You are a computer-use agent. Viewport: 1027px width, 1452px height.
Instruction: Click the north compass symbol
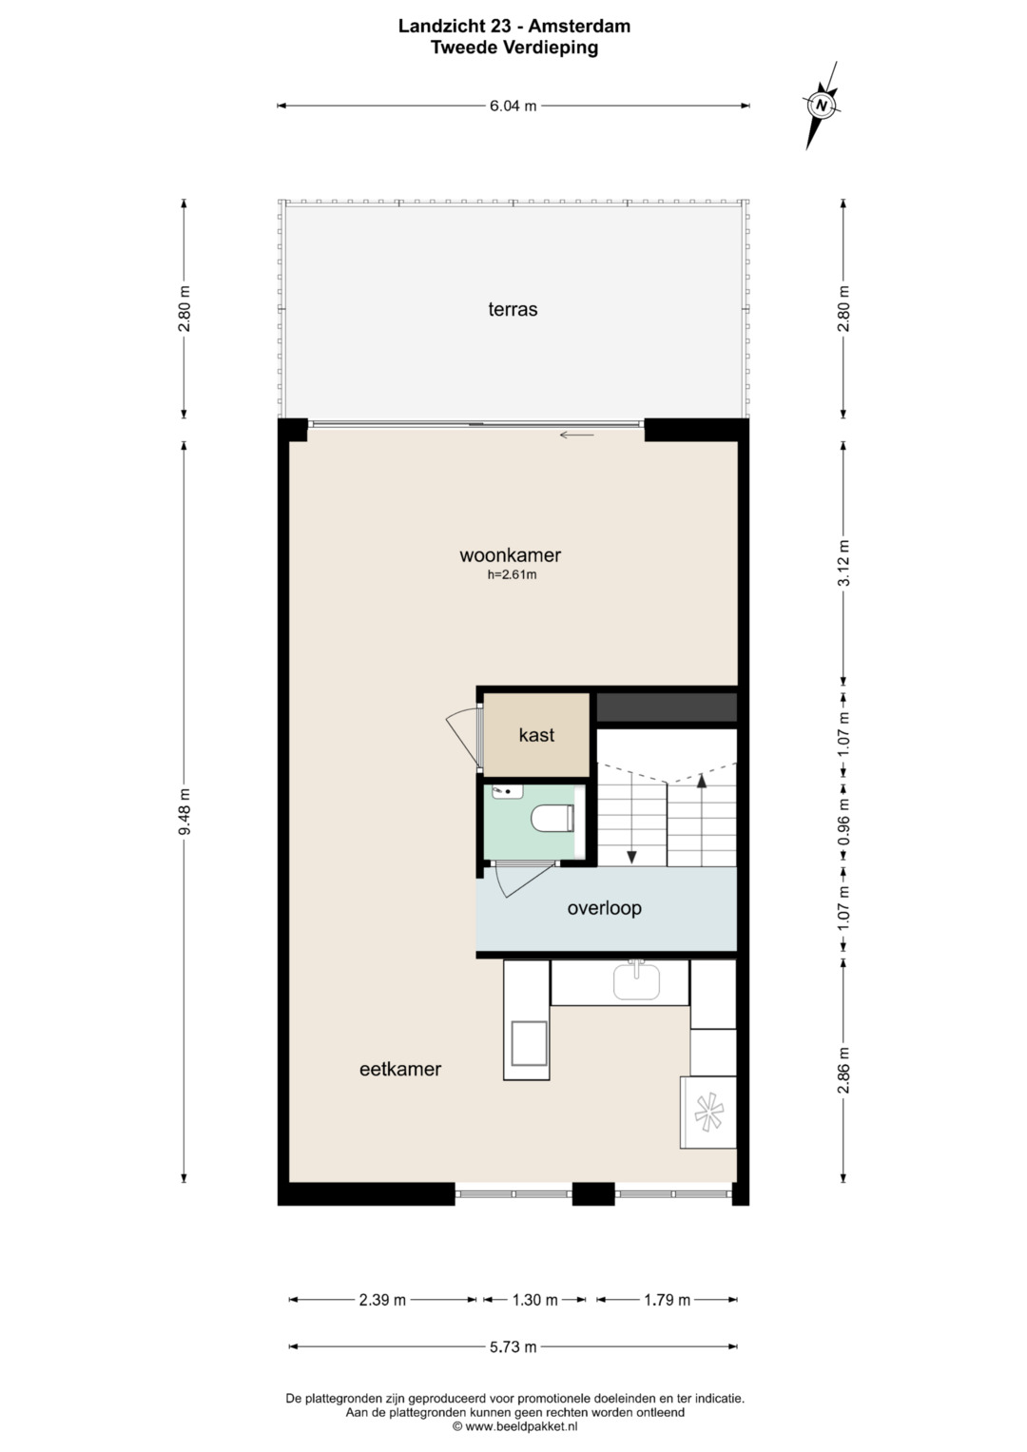(x=822, y=105)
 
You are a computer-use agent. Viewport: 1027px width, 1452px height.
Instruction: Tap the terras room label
(x=513, y=309)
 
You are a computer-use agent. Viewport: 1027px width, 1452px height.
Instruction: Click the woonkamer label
(x=511, y=555)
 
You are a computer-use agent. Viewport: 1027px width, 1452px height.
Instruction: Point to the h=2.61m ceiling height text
(x=513, y=574)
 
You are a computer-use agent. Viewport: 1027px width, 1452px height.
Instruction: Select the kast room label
(x=537, y=734)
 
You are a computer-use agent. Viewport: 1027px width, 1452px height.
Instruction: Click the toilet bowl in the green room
(x=552, y=818)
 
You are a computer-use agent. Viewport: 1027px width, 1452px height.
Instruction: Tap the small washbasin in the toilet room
(x=508, y=791)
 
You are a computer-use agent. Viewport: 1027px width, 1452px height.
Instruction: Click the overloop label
(x=604, y=907)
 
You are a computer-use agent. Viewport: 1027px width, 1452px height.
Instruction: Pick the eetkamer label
(x=400, y=1069)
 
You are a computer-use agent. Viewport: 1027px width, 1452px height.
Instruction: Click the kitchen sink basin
(x=636, y=981)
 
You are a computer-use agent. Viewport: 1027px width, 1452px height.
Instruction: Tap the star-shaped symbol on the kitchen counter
(x=708, y=1113)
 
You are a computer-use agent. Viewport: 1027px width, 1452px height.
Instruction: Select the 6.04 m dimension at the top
(x=513, y=106)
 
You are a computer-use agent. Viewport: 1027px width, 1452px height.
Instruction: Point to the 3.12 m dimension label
(x=843, y=563)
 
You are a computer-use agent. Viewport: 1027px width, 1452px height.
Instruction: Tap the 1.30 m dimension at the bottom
(x=534, y=1300)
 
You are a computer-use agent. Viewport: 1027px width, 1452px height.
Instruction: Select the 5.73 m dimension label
(x=513, y=1346)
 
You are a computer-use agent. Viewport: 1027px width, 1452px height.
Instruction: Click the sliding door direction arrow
(x=577, y=435)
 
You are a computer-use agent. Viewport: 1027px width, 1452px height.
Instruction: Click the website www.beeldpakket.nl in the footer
(x=521, y=1426)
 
